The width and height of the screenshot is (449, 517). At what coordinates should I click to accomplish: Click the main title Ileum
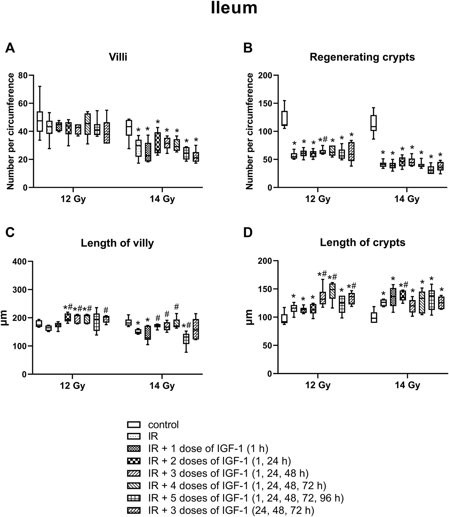[x=234, y=8]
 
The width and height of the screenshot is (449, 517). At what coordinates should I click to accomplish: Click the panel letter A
[x=10, y=48]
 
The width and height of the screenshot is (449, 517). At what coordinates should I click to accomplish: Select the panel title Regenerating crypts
[x=362, y=57]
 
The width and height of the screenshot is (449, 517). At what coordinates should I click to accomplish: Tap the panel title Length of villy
[x=117, y=243]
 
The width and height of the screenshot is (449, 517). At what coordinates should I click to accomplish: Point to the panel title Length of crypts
[x=363, y=243]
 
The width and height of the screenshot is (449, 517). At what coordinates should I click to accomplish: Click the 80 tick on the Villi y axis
[x=23, y=75]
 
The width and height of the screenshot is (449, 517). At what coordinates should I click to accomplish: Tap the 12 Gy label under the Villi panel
[x=73, y=200]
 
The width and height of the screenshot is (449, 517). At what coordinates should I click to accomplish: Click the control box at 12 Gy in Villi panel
[x=40, y=121]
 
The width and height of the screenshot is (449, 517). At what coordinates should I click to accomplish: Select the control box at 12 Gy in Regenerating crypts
[x=284, y=118]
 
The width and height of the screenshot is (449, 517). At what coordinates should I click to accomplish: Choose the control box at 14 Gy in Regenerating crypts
[x=374, y=123]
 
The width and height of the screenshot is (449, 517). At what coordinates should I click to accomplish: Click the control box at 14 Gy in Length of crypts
[x=374, y=317]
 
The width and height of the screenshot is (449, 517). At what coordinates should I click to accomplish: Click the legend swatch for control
[x=134, y=425]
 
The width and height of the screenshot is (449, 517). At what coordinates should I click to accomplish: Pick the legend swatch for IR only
[x=134, y=437]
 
